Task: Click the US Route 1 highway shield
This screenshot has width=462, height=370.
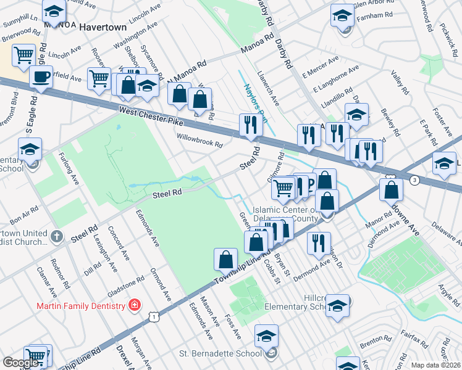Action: [154, 316]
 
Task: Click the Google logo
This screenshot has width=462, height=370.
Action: [20, 363]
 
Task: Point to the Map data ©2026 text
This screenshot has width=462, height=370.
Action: [435, 365]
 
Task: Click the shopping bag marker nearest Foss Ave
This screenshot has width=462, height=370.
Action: [226, 259]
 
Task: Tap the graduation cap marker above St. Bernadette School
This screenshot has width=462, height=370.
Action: [266, 335]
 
